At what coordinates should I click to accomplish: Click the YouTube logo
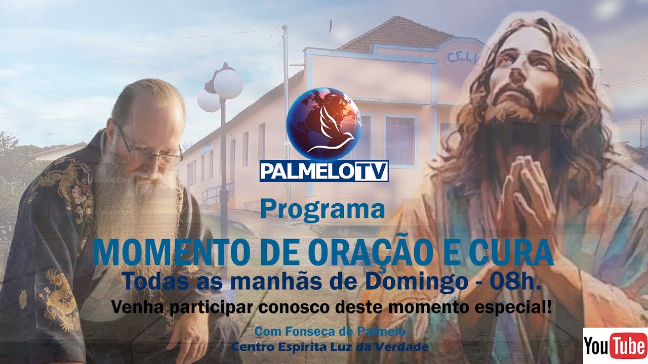click(x=615, y=345)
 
